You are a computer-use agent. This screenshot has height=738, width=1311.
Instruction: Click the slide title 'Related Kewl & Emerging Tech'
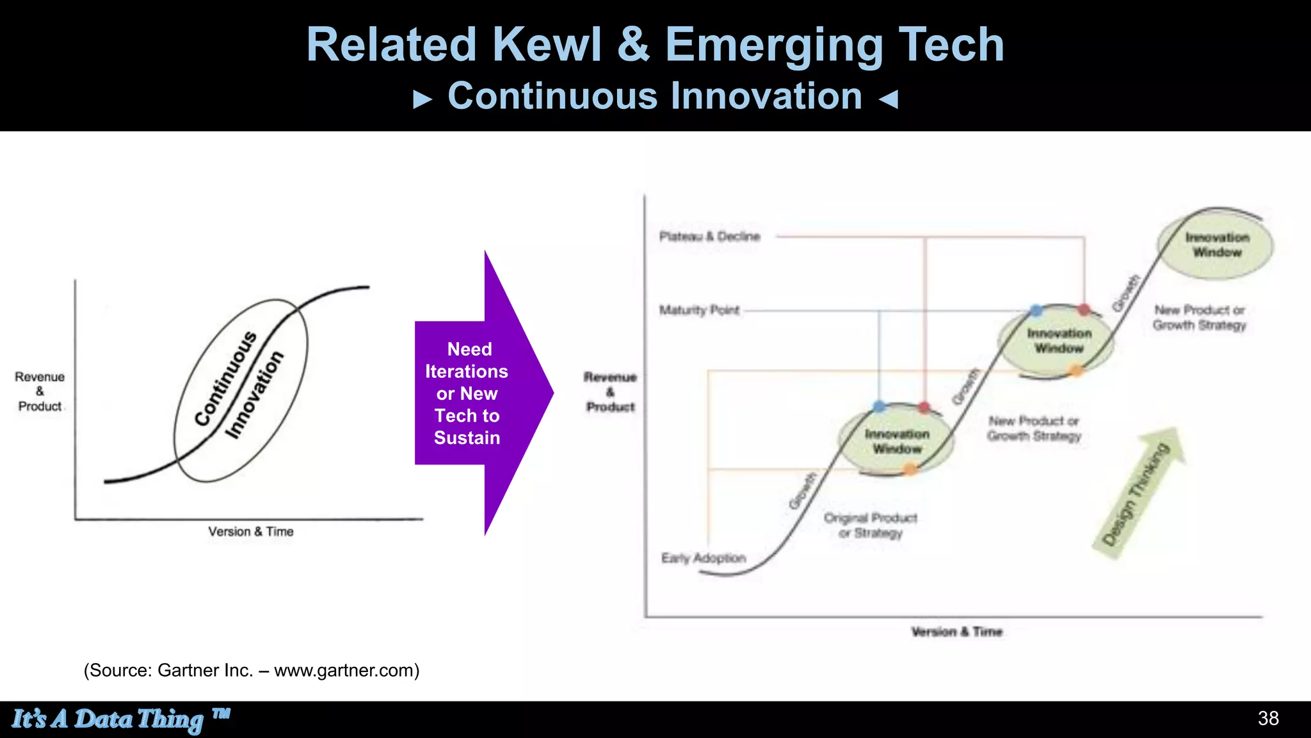[655, 45]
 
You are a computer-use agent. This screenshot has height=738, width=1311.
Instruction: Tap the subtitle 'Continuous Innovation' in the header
[655, 97]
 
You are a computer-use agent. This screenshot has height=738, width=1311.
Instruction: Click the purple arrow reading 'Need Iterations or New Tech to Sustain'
[474, 393]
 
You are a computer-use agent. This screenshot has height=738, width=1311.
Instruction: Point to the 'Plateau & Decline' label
[709, 236]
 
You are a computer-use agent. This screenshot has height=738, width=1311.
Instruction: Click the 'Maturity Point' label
[699, 310]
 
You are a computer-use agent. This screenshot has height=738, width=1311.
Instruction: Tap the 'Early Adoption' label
[704, 558]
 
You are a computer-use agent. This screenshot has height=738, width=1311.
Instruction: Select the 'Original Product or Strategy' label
[871, 525]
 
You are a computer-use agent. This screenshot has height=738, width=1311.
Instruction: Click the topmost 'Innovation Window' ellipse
[1216, 245]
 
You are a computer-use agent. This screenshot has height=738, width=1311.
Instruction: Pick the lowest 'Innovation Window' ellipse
[896, 441]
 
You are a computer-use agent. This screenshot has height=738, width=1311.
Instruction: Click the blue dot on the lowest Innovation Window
[880, 406]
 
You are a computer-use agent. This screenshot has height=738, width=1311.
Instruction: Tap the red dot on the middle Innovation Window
[1084, 310]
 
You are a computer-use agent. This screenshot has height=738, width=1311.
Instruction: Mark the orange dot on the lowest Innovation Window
[910, 470]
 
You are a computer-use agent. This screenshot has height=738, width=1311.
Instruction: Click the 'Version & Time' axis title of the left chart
[251, 532]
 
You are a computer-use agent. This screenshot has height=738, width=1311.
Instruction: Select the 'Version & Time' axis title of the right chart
[956, 632]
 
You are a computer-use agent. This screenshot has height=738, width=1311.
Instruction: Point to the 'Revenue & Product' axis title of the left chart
[40, 391]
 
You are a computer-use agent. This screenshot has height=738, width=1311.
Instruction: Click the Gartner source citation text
[252, 670]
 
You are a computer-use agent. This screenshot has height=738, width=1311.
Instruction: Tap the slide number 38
[1268, 718]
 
